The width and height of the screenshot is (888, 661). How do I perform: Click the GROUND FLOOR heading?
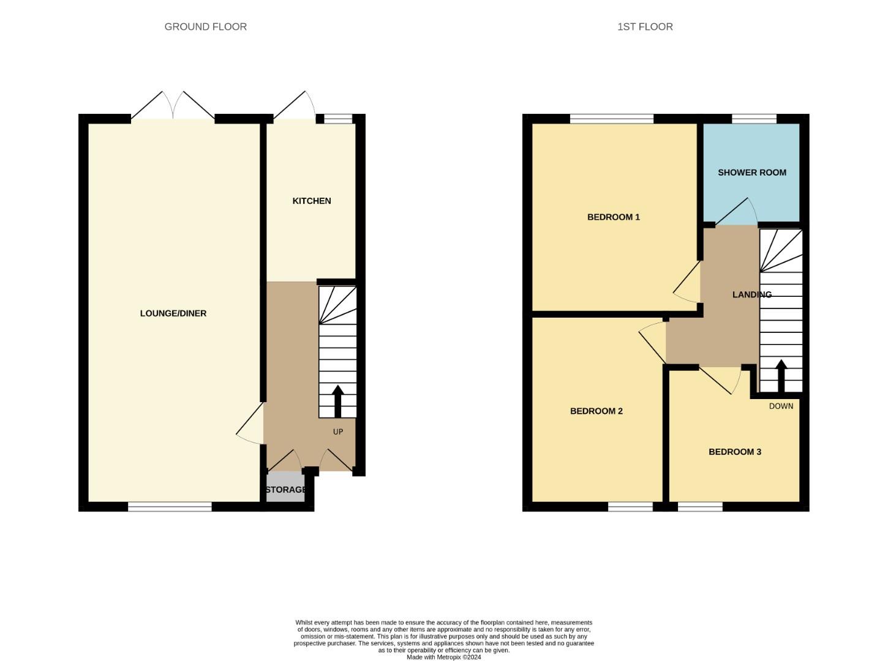pyautogui.click(x=205, y=27)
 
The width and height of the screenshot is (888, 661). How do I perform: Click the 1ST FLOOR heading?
pyautogui.click(x=645, y=27)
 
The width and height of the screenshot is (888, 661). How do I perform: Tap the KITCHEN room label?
pyautogui.click(x=312, y=201)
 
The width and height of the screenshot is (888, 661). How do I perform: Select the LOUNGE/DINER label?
pyautogui.click(x=173, y=313)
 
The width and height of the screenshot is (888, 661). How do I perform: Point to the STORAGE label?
pyautogui.click(x=286, y=490)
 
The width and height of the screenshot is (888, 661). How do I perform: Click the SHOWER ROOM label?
pyautogui.click(x=752, y=173)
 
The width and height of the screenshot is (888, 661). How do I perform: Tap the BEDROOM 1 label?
pyautogui.click(x=614, y=217)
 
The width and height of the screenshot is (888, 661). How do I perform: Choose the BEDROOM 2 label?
pyautogui.click(x=596, y=411)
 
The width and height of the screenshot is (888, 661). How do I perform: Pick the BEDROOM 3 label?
pyautogui.click(x=735, y=452)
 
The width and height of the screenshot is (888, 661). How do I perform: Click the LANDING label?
pyautogui.click(x=752, y=294)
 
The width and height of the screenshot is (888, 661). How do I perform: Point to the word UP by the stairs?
pyautogui.click(x=338, y=431)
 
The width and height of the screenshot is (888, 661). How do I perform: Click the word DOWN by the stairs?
pyautogui.click(x=781, y=406)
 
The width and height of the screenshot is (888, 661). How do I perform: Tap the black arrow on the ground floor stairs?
pyautogui.click(x=338, y=401)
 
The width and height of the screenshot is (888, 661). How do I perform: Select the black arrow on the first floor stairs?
pyautogui.click(x=781, y=376)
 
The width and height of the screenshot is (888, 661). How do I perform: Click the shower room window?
pyautogui.click(x=754, y=119)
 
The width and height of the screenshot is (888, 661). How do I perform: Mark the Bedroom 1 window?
pyautogui.click(x=611, y=119)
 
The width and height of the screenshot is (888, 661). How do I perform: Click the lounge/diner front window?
pyautogui.click(x=170, y=507)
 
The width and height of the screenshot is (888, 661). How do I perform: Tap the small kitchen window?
pyautogui.click(x=338, y=119)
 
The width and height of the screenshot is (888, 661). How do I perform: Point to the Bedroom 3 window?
pyautogui.click(x=700, y=507)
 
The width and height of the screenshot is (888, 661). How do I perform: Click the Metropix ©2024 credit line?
pyautogui.click(x=443, y=657)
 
